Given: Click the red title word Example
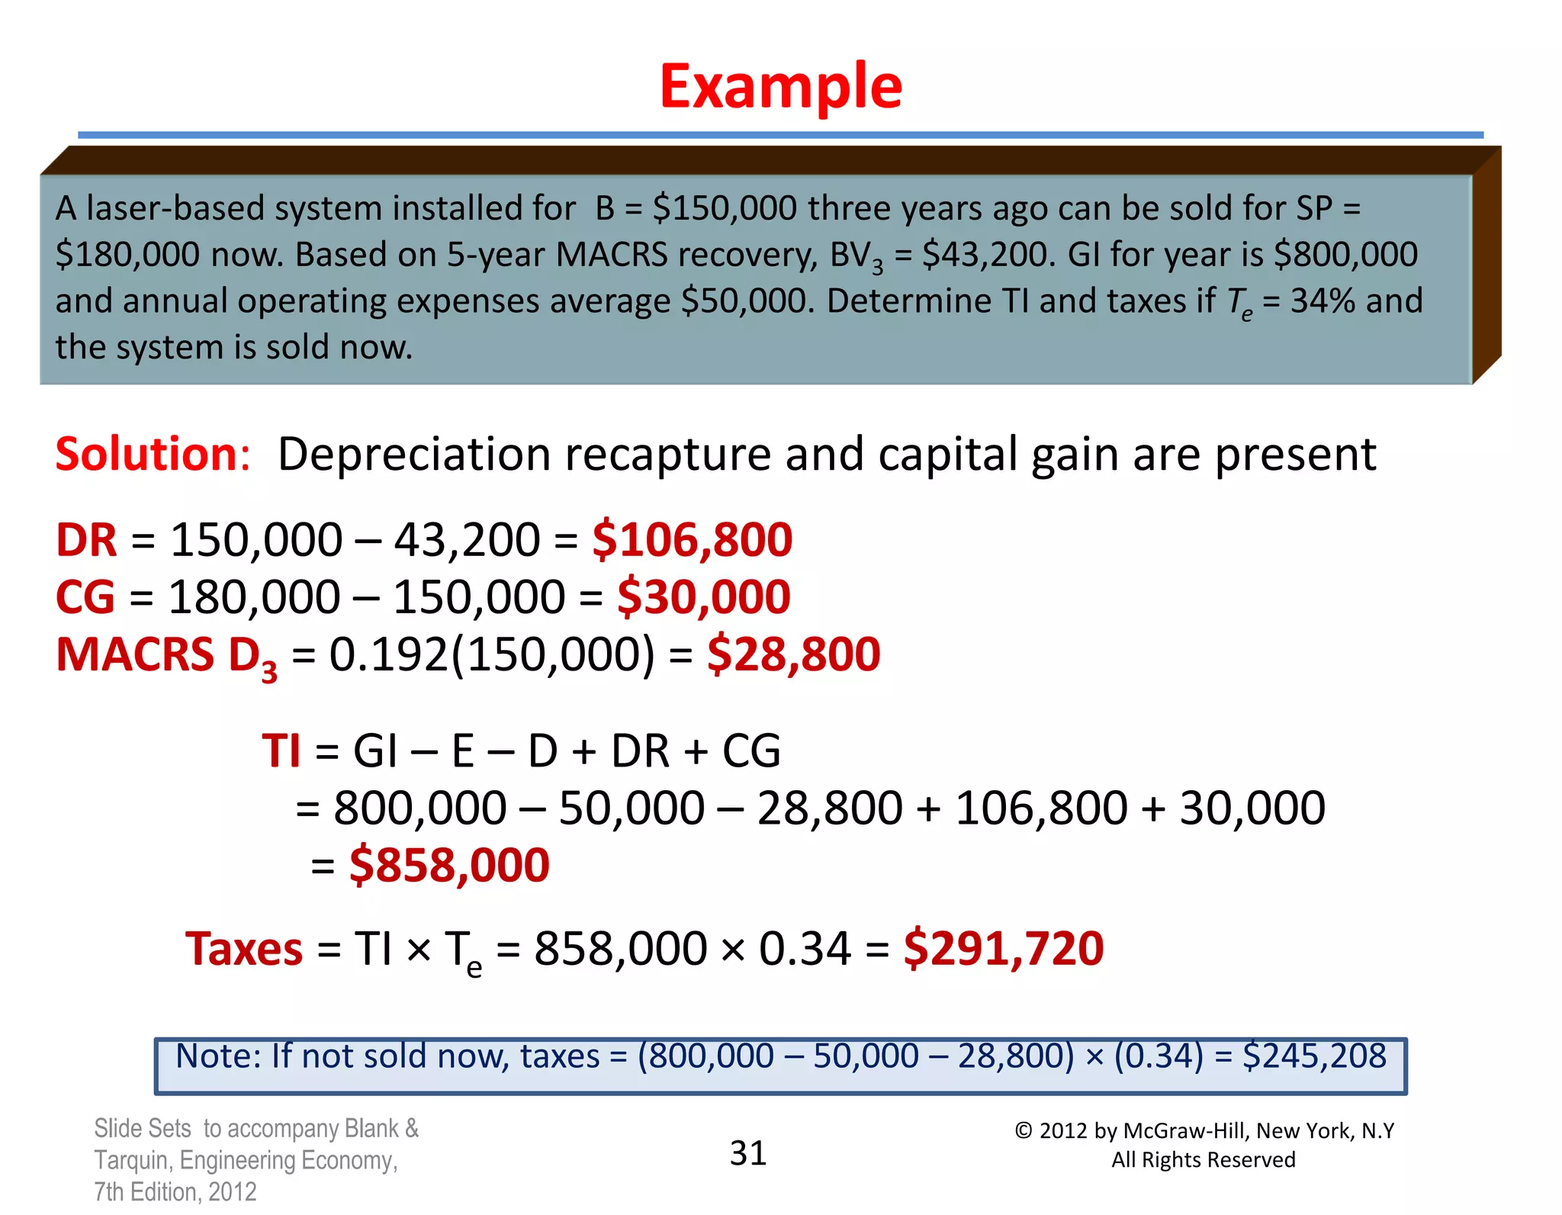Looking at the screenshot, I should (x=780, y=86).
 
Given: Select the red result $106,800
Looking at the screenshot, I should (x=692, y=540).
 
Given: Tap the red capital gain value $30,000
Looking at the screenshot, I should (x=703, y=596).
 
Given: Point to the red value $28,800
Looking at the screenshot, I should (x=793, y=654).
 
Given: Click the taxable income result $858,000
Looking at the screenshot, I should (x=449, y=865).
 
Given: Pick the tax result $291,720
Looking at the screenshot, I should (x=1003, y=949).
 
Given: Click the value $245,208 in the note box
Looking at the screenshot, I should (x=1313, y=1056).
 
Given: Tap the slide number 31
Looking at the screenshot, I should (x=747, y=1152).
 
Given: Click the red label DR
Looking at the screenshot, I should (x=86, y=540).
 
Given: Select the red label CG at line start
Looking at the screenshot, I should (x=85, y=596).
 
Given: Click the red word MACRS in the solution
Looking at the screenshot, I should (x=135, y=654).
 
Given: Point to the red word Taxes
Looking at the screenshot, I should (x=244, y=949).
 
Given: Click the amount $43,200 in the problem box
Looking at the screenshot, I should (x=988, y=255).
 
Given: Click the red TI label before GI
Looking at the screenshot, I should (x=281, y=751).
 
